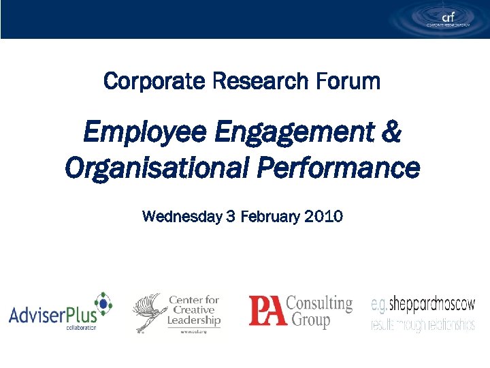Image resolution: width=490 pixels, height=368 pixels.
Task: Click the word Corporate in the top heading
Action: point(154,82)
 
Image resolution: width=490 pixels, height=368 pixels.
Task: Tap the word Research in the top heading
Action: point(261,82)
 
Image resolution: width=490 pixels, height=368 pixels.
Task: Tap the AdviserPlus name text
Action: point(50,315)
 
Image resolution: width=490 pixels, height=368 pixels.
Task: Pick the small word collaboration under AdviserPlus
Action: point(81,328)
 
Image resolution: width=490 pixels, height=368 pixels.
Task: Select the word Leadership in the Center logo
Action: point(194,320)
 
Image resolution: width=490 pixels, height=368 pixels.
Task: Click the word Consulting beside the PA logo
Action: point(319,303)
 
